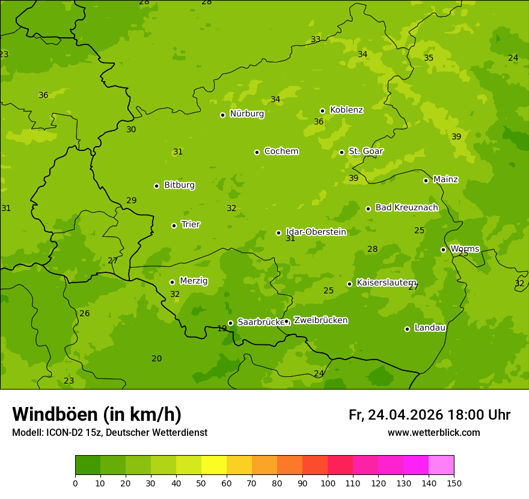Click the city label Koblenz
[346, 110]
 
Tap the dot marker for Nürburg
[222, 115]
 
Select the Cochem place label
[281, 152]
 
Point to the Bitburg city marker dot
[156, 186]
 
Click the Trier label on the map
[191, 225]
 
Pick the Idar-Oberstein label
[316, 232]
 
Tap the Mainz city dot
[426, 180]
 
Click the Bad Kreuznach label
[406, 208]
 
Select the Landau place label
[430, 328]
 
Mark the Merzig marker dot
[172, 282]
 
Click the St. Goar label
[365, 152]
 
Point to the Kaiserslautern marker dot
[349, 284]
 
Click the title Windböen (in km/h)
[97, 414]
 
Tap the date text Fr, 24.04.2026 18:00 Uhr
[429, 415]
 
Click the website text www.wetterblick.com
[433, 432]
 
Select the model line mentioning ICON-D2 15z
[109, 432]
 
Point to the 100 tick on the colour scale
[328, 483]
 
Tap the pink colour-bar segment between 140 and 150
[441, 465]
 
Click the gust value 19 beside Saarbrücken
[222, 328]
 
